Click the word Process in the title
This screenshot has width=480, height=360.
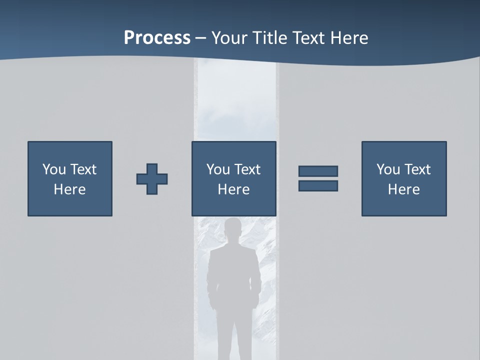coord(157,37)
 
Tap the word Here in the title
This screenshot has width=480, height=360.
coord(346,37)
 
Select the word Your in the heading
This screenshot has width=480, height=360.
coord(229,37)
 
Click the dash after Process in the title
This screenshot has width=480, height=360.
coord(201,38)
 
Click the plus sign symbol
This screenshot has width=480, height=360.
coord(152,179)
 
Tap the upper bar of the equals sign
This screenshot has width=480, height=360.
coord(318,171)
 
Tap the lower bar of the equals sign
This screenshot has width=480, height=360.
coord(318,186)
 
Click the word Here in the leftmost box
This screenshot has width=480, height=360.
coord(70,189)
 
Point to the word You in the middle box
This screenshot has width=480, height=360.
coord(218,169)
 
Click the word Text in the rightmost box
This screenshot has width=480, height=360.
coord(417,169)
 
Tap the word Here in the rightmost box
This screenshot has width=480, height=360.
coord(404,189)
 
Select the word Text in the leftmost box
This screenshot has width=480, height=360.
coord(83,169)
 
